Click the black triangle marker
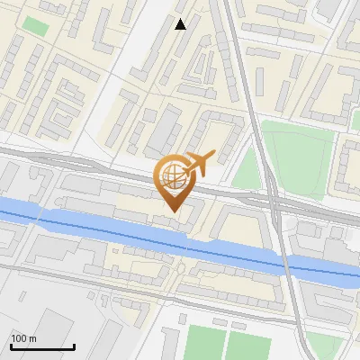(181, 24)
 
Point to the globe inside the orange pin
(171, 175)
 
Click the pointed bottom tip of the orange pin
(172, 211)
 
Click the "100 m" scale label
(24, 338)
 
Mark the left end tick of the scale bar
(11, 346)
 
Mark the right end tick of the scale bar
(74, 346)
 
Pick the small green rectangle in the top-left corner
(35, 26)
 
